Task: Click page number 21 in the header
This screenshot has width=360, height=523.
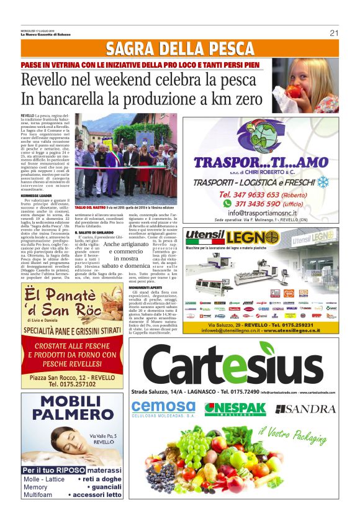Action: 334,33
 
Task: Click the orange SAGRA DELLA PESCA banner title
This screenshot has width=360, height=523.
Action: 180,48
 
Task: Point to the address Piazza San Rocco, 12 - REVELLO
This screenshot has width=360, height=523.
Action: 72,377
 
